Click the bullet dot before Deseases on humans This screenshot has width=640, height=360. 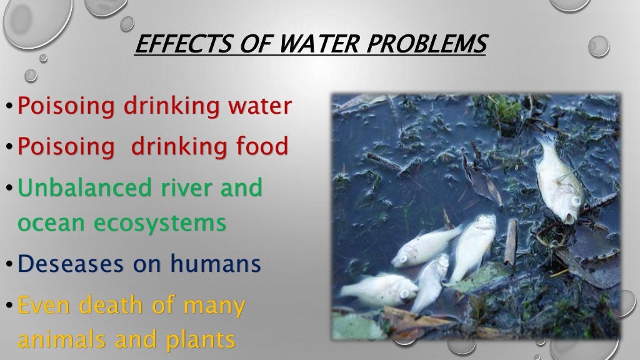(9, 265)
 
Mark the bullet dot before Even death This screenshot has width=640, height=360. (9, 306)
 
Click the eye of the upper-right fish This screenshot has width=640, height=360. (574, 200)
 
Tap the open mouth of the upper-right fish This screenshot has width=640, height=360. (569, 216)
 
